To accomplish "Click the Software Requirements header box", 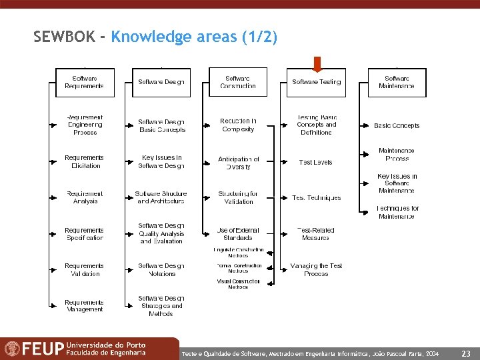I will coord(84,82).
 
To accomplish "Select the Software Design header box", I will coord(161,82).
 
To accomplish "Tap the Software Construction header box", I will coord(238,82).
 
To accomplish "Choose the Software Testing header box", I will coord(317,82).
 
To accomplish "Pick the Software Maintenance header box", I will coord(397,82).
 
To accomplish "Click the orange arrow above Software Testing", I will coord(317,63).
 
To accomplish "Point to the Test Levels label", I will coord(316,162).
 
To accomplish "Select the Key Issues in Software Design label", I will coord(162,161).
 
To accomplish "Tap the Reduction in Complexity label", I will coord(238,125).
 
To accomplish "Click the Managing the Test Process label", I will coord(316,269).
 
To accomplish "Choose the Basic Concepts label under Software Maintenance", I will coord(397,125).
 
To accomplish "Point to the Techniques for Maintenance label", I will coord(397,212).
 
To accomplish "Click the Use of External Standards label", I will coord(238,234).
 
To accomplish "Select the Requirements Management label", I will coord(85,306).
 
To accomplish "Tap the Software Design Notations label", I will coord(161,269).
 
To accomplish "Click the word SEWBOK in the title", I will coord(64,37).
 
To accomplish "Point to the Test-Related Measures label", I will coord(316,234).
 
